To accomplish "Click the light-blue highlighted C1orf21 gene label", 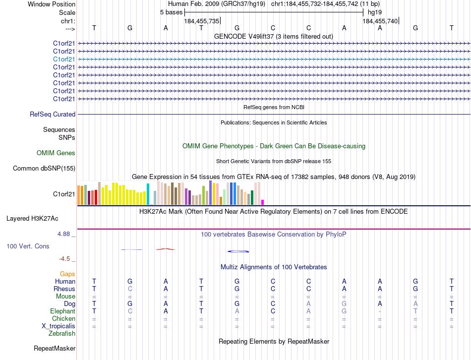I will click(x=64, y=59).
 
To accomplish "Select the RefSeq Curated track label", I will click(x=53, y=115).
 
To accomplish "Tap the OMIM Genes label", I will click(x=56, y=153).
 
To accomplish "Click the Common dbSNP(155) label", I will click(x=44, y=169).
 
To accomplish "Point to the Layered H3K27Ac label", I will click(x=32, y=218).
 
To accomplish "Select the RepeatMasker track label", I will click(x=55, y=349).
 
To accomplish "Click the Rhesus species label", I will click(x=64, y=289).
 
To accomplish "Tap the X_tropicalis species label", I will click(x=59, y=326).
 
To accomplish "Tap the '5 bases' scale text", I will click(x=171, y=12).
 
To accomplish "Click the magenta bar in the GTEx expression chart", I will click(x=262, y=202).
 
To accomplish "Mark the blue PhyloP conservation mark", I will click(x=237, y=251).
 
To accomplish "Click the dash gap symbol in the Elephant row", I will click(x=380, y=311).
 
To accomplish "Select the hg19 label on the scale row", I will click(x=374, y=12).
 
